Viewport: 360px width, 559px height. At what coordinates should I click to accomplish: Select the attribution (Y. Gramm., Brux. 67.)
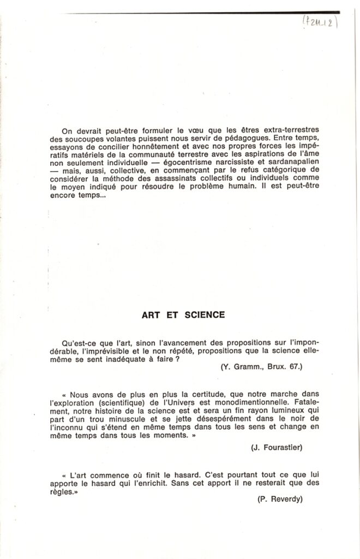pos(262,367)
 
